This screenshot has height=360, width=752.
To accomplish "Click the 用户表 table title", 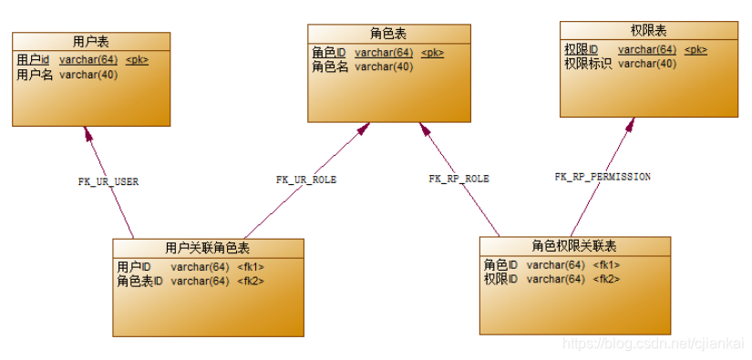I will (x=91, y=41).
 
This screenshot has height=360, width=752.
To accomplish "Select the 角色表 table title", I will (x=388, y=33).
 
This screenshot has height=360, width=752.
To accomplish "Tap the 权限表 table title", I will (x=648, y=30).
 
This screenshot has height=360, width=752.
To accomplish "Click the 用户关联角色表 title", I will (x=208, y=247).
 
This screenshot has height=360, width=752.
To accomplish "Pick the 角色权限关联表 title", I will (x=574, y=246).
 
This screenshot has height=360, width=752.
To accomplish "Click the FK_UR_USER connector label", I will (x=108, y=181).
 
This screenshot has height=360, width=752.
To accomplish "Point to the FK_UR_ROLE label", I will (x=306, y=180).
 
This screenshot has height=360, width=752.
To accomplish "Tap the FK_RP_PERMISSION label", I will (x=603, y=176).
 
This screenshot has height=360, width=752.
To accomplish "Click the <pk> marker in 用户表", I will (x=137, y=60).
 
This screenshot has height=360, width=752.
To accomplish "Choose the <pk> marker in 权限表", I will (x=695, y=49).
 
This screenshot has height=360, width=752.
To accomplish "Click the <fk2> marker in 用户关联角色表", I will (x=251, y=281).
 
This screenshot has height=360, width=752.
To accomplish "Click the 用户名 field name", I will (x=35, y=75).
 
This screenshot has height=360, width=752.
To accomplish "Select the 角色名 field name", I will (x=330, y=67).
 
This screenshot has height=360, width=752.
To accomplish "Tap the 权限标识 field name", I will (x=588, y=64).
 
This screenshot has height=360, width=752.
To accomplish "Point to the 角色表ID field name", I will (x=139, y=281).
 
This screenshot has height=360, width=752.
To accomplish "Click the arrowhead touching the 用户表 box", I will (x=88, y=133).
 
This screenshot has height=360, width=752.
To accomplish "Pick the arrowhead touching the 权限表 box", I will (x=629, y=125).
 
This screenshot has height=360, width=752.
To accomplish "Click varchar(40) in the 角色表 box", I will (x=384, y=67).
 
